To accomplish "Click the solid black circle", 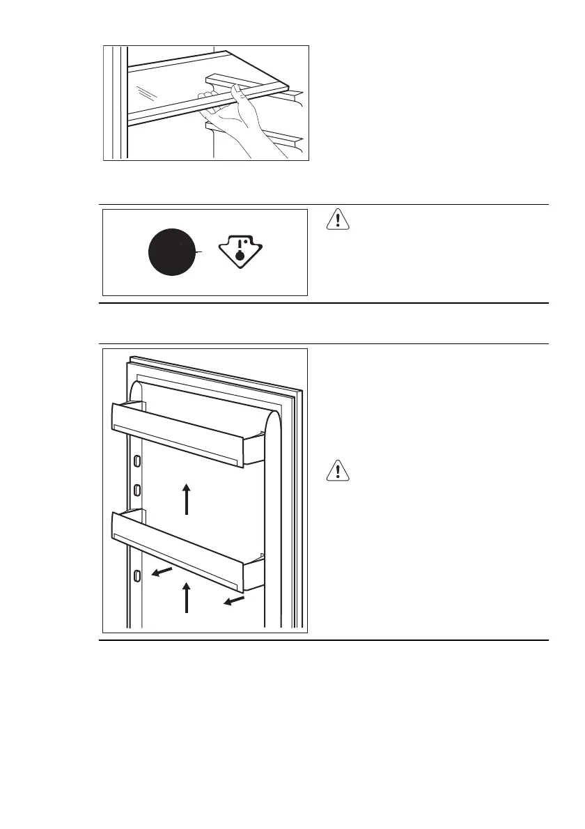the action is (172, 253).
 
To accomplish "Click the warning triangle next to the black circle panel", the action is (338, 220).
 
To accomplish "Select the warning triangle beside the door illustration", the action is (338, 472).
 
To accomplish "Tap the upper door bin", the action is (178, 432).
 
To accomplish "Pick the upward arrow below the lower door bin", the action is (187, 598).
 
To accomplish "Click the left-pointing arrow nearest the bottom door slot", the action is (163, 572).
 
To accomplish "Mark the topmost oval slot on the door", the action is (137, 460).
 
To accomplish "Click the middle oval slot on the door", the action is (137, 487).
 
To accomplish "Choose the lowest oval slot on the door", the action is (137, 575).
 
